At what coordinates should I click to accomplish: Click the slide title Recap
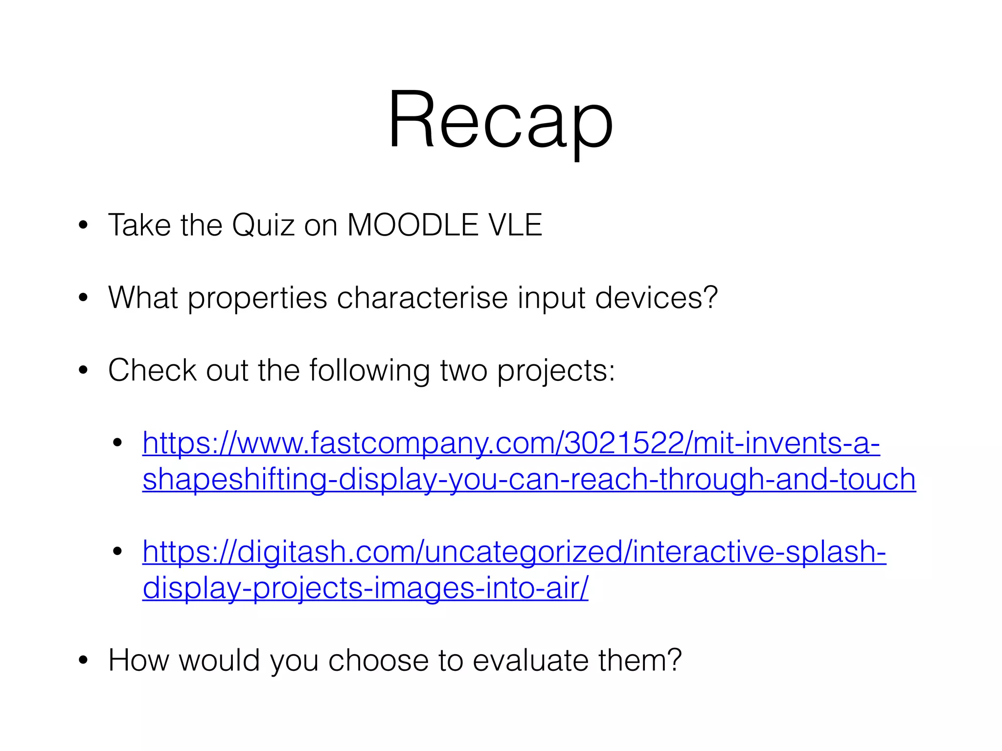(x=500, y=120)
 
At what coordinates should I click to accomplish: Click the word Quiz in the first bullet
(x=263, y=225)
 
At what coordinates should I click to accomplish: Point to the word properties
(x=257, y=298)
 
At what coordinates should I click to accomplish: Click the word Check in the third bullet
(x=152, y=370)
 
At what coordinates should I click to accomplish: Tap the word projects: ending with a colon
(x=556, y=371)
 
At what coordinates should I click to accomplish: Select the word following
(x=369, y=371)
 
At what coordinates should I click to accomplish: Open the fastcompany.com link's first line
(x=511, y=443)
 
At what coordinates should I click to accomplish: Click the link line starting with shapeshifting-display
(x=529, y=479)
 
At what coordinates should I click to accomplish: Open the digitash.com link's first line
(x=514, y=552)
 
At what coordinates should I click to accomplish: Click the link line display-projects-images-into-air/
(x=365, y=588)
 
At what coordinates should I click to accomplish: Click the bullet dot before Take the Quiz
(x=83, y=225)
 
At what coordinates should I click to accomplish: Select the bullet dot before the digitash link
(x=117, y=552)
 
